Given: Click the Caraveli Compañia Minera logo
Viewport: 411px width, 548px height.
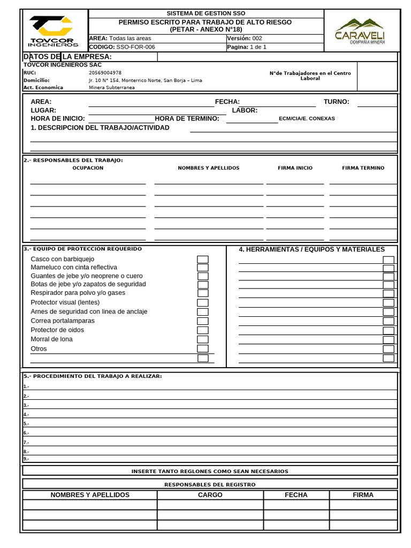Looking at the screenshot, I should (360, 31).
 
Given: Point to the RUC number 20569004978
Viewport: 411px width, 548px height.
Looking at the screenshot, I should (105, 72).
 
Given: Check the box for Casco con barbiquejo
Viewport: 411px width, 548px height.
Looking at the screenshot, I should (203, 260).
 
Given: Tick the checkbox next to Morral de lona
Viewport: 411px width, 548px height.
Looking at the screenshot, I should (203, 339).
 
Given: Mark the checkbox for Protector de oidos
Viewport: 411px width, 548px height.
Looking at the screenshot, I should (203, 330).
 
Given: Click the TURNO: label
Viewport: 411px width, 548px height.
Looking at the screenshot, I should (336, 102).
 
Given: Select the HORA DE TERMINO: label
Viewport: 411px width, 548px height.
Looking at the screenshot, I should (187, 118).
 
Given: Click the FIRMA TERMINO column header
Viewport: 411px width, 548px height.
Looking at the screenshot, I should (363, 168).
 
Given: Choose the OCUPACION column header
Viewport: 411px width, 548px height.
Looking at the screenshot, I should (88, 168).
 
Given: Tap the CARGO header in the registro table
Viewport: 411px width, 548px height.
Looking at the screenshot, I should (210, 495).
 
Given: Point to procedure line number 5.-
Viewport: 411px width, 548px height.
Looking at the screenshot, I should (26, 423).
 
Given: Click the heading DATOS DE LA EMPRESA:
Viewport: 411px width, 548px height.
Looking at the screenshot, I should (67, 57).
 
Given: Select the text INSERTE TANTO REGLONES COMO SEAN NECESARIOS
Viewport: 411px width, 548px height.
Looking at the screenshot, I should (210, 471).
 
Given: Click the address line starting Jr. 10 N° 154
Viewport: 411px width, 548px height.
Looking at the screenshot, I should (145, 80).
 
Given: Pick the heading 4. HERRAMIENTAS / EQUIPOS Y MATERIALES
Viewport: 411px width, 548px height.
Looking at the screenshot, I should (311, 249).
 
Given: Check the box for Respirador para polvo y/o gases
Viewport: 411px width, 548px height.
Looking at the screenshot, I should (203, 293).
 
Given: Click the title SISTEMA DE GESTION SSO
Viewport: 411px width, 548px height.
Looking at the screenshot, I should (206, 13).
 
